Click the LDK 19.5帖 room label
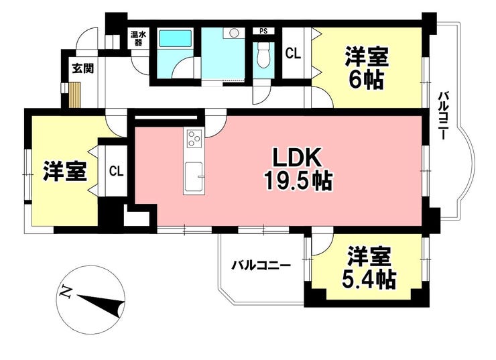point(298,169)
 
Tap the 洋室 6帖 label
point(367,68)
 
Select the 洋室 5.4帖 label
point(369,268)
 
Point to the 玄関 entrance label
point(83,68)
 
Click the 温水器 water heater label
point(138,38)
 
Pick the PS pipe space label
point(263,31)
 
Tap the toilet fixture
point(263,55)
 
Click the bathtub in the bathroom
point(175,39)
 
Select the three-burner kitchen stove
point(194,139)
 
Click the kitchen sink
point(194,177)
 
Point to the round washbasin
point(234,33)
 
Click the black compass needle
point(101,304)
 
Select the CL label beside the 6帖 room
point(293,54)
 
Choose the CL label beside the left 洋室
point(116,172)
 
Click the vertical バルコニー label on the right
point(443,115)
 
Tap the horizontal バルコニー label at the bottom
point(261,265)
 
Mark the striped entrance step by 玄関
point(75,95)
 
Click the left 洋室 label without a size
point(65,171)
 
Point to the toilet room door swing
point(261,95)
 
